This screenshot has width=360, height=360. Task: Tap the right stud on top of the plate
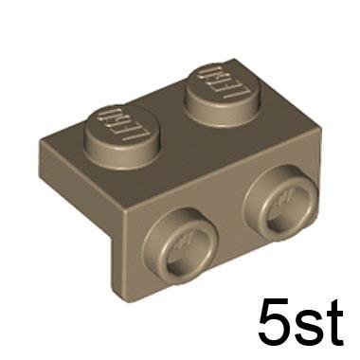click(224, 96)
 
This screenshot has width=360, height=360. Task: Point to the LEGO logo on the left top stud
click(123, 125)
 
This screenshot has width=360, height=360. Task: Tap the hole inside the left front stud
click(183, 249)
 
